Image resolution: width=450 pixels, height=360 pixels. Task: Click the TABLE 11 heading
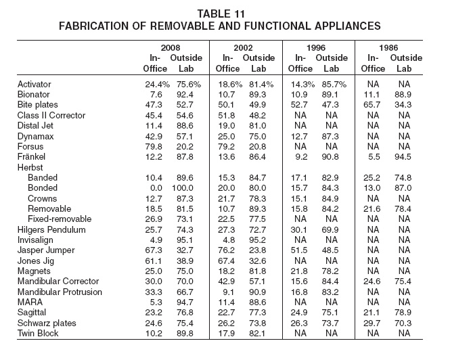coord(221,14)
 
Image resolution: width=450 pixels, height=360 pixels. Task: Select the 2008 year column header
coord(171,47)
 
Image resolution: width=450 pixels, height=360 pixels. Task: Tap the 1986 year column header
coord(388,47)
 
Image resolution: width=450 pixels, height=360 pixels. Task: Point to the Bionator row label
coord(34,95)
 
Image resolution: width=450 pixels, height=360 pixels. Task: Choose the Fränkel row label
coord(31,157)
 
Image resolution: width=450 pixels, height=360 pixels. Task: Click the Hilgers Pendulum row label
coord(51,229)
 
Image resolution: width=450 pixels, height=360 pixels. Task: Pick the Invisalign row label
coord(35,240)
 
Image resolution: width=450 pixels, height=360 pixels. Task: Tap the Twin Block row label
coord(38,334)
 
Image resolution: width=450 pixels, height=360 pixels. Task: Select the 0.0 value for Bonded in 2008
coord(156,188)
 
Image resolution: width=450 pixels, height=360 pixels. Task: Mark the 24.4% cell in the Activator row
coord(157,85)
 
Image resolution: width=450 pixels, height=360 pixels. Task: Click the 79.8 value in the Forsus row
coord(154,147)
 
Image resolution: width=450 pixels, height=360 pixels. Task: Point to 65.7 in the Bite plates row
coord(372,105)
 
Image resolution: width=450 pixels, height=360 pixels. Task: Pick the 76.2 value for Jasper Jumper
coord(227,250)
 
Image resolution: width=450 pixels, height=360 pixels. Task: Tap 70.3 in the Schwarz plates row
coord(403,323)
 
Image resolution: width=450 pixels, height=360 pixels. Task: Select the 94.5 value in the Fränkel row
coord(403,157)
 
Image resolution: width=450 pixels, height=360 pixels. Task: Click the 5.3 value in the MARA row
coord(156,302)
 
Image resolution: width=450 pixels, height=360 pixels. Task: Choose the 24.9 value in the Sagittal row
coord(299,313)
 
